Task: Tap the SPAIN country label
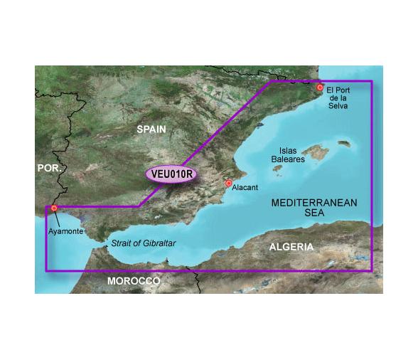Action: pos(151,129)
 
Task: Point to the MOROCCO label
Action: pos(134,282)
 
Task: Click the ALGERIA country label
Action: pos(291,246)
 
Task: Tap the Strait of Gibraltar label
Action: pos(143,243)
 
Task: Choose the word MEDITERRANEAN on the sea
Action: pos(313,203)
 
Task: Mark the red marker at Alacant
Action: pos(228,184)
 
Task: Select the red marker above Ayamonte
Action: pos(53,208)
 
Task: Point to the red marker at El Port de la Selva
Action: pos(320,87)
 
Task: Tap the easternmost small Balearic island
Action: pos(344,143)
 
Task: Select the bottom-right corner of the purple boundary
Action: pos(371,270)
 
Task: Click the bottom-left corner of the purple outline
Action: pos(47,270)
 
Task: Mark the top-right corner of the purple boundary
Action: pos(371,81)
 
